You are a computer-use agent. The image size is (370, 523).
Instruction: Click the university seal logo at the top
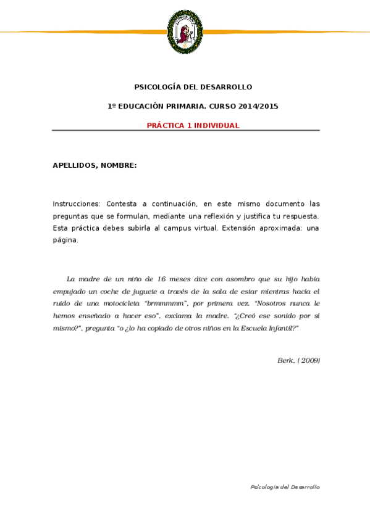coord(185,31)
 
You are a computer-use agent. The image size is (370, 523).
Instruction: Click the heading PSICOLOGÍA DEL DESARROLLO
coord(193,87)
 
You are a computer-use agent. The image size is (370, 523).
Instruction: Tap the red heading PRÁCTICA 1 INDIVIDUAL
coord(193,125)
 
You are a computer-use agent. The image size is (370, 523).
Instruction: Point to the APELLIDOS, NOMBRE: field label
coord(95,165)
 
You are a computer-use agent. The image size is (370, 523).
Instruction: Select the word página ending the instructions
coord(65,241)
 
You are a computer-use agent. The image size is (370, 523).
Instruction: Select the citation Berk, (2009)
coord(298,360)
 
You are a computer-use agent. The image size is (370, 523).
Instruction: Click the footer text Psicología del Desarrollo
coord(285,487)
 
